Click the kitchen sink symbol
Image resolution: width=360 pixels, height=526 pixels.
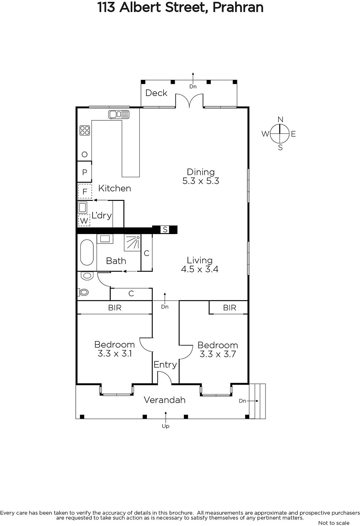119,114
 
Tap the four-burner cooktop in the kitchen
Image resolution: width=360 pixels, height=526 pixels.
85,131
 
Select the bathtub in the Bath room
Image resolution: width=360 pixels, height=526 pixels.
87,252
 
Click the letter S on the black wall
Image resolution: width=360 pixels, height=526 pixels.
165,229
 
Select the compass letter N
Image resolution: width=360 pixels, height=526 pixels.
281,120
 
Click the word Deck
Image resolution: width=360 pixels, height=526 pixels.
156,93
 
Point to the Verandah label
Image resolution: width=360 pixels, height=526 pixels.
165,400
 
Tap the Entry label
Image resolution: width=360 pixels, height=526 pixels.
165,365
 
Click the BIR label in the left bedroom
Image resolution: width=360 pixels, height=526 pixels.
115,308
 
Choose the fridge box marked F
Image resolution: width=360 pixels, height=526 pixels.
85,191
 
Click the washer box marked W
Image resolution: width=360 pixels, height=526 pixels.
84,221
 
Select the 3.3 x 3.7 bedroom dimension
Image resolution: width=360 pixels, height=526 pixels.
218,354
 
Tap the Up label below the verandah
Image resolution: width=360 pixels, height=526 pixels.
166,426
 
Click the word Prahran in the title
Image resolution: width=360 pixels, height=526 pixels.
238,8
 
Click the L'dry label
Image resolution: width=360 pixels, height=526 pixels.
101,215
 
